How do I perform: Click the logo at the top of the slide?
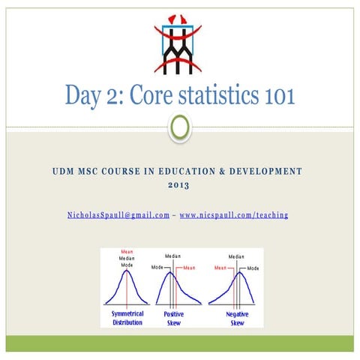[178, 44]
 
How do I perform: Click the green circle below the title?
[180, 127]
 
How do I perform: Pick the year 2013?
[180, 185]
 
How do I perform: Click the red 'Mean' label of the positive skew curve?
[189, 268]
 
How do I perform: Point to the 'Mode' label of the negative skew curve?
[253, 268]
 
